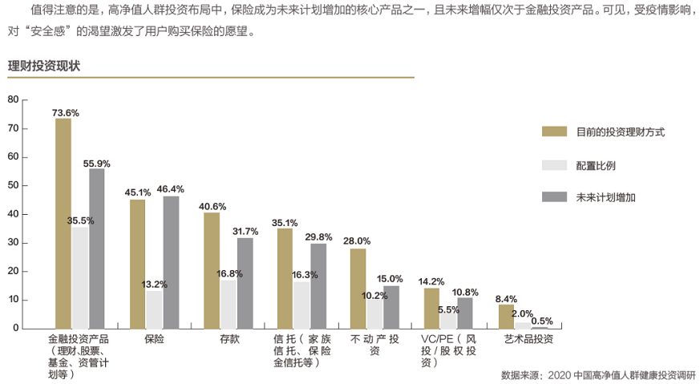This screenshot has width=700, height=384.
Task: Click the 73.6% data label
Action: (65, 113)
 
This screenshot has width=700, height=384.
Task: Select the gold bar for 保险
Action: (138, 264)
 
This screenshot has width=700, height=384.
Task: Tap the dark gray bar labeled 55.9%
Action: (97, 249)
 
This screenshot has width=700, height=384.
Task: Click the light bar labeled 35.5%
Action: (80, 277)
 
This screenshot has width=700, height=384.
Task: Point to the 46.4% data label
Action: (171, 189)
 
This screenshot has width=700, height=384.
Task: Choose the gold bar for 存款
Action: (212, 270)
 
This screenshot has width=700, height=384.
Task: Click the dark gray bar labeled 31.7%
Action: (245, 283)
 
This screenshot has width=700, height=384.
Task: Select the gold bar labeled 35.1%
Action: (285, 278)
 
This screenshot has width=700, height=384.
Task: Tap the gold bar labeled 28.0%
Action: (358, 289)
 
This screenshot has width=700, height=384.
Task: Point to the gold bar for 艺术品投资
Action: (506, 316)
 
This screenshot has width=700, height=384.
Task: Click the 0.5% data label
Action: (542, 321)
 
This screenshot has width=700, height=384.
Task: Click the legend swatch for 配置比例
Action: (554, 165)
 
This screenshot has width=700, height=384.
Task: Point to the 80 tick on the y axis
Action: (13, 99)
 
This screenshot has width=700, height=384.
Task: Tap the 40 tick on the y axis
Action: (13, 214)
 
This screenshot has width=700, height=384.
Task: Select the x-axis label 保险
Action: (155, 339)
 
